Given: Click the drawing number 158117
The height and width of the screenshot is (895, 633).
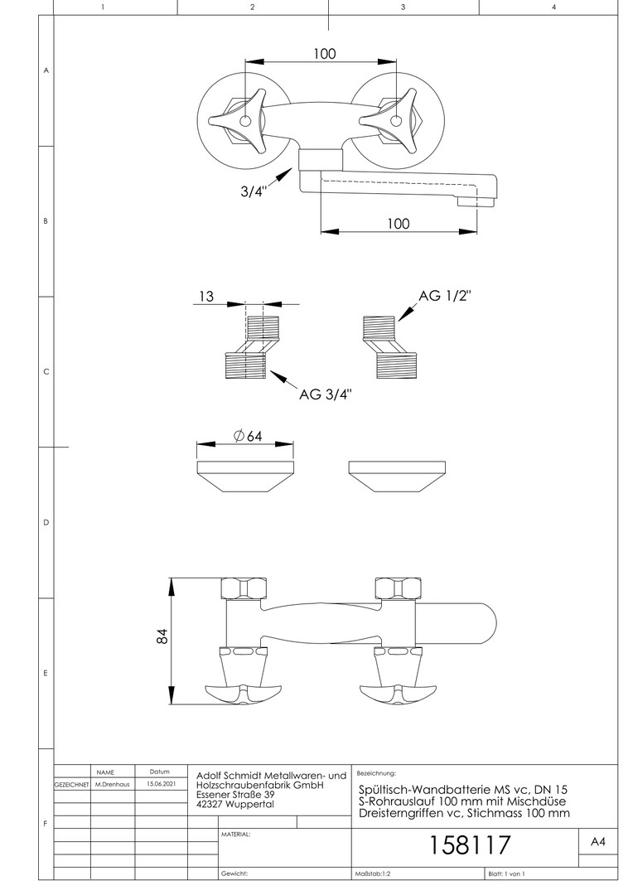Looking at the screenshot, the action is pyautogui.click(x=469, y=845).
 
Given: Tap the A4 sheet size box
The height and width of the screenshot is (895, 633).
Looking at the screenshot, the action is pyautogui.click(x=597, y=842).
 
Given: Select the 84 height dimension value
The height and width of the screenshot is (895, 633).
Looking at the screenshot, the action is pyautogui.click(x=162, y=636).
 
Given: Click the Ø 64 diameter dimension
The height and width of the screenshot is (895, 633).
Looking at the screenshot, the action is pyautogui.click(x=248, y=436).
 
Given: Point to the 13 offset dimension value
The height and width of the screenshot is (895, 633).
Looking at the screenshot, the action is pyautogui.click(x=206, y=296).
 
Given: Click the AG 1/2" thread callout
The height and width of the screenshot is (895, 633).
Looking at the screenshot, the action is pyautogui.click(x=445, y=296).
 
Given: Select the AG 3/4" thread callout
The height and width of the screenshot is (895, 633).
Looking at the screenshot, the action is pyautogui.click(x=326, y=394).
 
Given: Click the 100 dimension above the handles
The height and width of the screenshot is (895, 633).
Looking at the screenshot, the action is pyautogui.click(x=324, y=54).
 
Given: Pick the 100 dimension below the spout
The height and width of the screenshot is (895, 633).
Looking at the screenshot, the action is pyautogui.click(x=399, y=223).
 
